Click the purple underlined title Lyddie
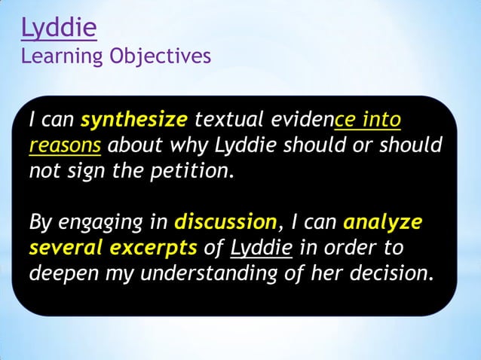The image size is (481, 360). pyautogui.click(x=59, y=28)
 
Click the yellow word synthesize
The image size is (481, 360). pyautogui.click(x=133, y=121)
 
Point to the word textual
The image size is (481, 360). pyautogui.click(x=222, y=121)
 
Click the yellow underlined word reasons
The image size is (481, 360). pyautogui.click(x=65, y=145)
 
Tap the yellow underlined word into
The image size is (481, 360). pyautogui.click(x=381, y=121)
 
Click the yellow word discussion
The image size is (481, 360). pyautogui.click(x=225, y=223)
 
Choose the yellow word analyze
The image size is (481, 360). pyautogui.click(x=382, y=223)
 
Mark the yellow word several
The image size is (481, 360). pyautogui.click(x=66, y=248)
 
